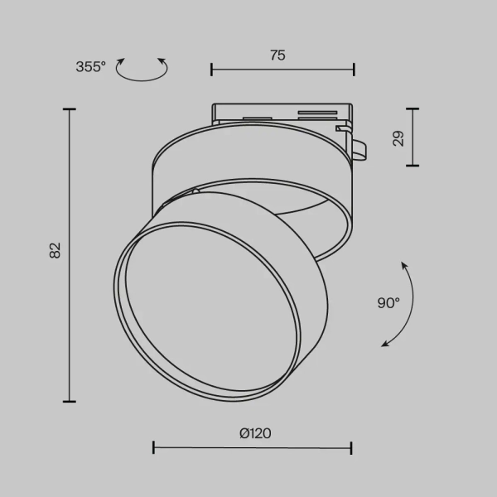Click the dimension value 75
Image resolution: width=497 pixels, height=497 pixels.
click(x=277, y=55)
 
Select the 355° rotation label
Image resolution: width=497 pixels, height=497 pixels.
click(x=90, y=67)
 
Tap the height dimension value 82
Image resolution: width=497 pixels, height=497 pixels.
click(x=55, y=251)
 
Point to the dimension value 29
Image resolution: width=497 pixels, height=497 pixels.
click(x=398, y=138)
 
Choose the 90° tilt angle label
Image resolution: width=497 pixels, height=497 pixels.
click(x=388, y=303)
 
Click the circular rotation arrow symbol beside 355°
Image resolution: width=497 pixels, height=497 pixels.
click(x=141, y=69)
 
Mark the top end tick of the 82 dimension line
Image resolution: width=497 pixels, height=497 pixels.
click(x=69, y=109)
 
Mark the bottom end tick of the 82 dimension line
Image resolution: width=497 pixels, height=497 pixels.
click(x=69, y=401)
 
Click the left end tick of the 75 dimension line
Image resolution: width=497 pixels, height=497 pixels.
click(x=211, y=70)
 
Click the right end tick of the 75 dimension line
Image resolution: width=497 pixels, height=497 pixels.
click(x=354, y=70)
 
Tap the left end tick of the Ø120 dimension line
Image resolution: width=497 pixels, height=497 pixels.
click(x=153, y=448)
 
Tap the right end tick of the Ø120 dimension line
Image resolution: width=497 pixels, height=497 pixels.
click(x=351, y=448)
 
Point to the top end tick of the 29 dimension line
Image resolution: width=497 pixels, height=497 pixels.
click(x=412, y=109)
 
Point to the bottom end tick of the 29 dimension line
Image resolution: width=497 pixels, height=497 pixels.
click(x=412, y=166)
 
